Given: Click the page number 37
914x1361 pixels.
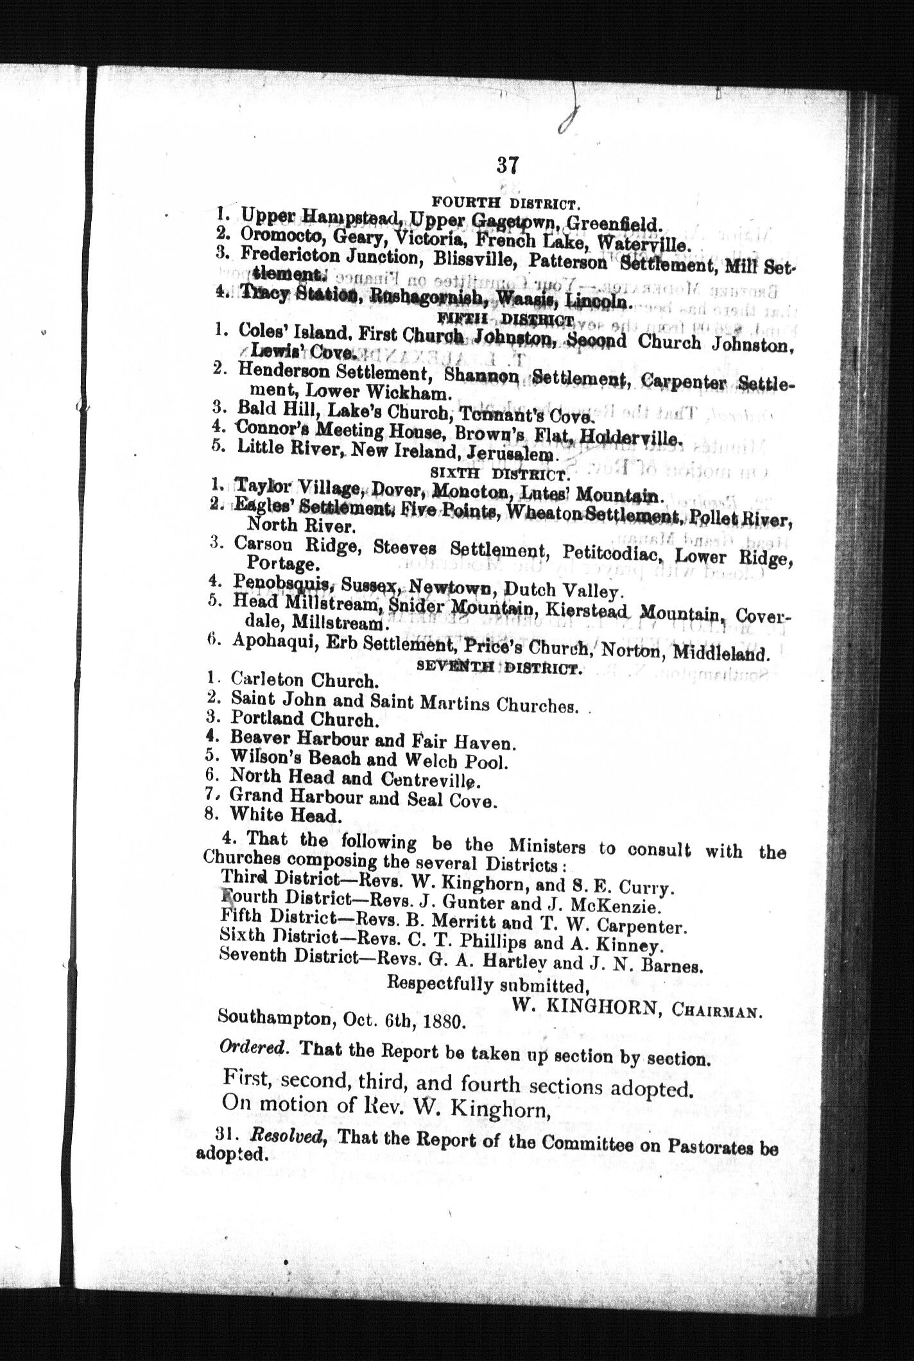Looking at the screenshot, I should [506, 165].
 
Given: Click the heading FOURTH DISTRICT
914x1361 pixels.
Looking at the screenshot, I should [506, 204].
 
